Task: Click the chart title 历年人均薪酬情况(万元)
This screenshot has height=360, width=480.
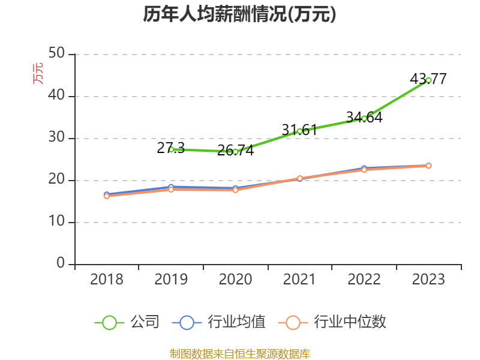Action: point(239,15)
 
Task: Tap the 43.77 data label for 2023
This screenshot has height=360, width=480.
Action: point(428,79)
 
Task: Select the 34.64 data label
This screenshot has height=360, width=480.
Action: point(364,117)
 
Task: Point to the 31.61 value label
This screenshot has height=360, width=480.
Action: point(299,130)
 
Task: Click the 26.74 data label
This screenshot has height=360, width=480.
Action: point(235,151)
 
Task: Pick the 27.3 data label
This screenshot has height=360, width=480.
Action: point(171,148)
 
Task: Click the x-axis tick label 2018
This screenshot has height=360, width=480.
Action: point(107,280)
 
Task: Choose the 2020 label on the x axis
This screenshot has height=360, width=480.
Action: point(235,280)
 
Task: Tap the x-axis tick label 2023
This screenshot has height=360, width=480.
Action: point(428,280)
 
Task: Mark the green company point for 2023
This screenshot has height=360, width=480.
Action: point(428,80)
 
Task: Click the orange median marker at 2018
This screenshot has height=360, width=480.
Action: point(107,196)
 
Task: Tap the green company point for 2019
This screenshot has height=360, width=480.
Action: point(171,149)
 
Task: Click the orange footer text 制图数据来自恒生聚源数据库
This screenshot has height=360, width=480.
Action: point(239,354)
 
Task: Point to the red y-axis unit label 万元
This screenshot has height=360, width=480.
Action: point(38,73)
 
